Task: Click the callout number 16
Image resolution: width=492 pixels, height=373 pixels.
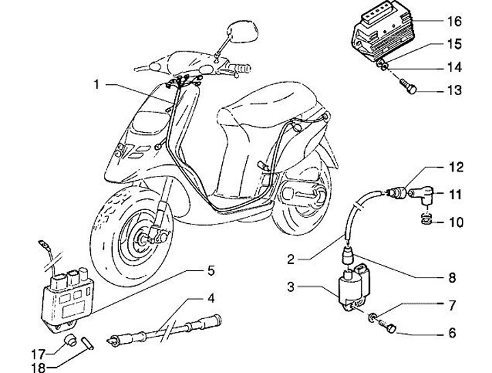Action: [x=455, y=21]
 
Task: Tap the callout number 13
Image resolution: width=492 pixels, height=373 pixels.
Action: [x=455, y=90]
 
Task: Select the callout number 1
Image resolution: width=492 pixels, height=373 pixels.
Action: [x=97, y=85]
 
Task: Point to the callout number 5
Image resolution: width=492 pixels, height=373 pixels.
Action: [x=211, y=270]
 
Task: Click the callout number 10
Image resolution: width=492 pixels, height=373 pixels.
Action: [x=455, y=222]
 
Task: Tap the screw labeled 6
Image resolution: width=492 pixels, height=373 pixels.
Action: [x=390, y=329]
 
